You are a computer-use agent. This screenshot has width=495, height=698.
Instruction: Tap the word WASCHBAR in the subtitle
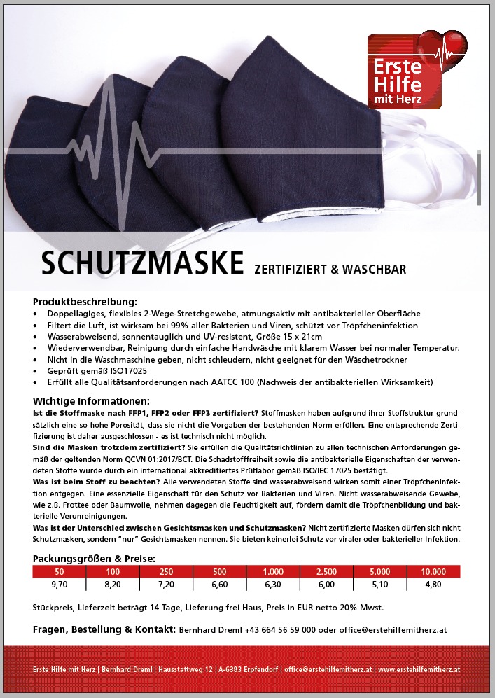[x=375, y=268]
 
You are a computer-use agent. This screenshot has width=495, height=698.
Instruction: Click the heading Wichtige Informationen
[x=91, y=401]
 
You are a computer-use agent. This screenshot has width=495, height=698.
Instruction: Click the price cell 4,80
[x=433, y=583]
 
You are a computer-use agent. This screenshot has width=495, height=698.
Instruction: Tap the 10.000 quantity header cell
[x=433, y=571]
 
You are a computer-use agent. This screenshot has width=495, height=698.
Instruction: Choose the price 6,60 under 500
[x=220, y=583]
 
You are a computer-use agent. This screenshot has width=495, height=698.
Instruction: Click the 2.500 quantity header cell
[x=327, y=571]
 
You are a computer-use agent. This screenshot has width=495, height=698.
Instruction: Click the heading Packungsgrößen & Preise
[x=94, y=559]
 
